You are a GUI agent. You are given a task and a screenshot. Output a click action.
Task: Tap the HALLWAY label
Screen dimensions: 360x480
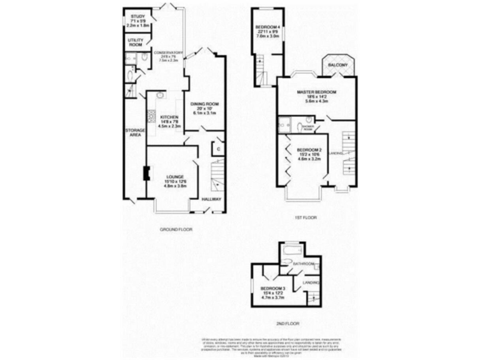(x=212, y=199)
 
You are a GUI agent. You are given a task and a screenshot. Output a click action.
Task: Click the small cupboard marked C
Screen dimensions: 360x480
(x=217, y=149)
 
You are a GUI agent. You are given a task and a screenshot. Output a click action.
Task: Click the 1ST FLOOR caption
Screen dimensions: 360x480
(x=306, y=217)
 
